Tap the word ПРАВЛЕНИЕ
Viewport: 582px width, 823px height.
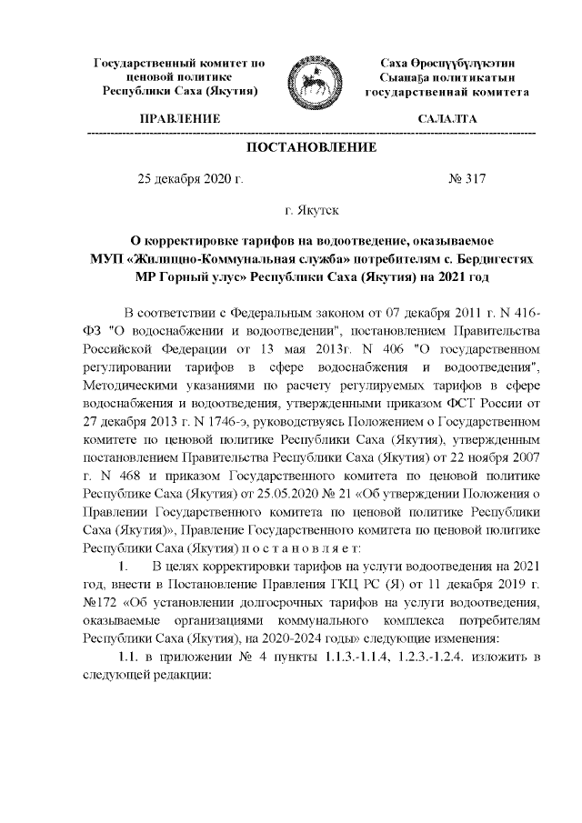pos(179,119)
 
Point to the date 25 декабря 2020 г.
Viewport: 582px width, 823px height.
pos(190,179)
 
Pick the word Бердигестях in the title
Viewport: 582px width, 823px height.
pos(492,258)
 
